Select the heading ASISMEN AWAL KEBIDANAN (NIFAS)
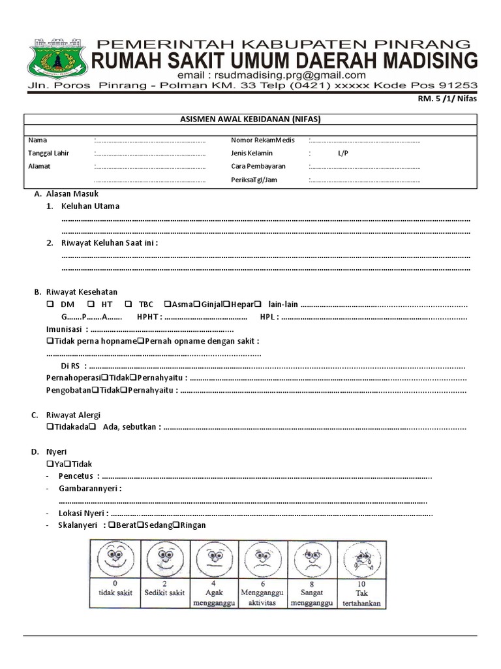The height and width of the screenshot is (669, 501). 250,119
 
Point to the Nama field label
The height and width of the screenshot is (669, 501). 38,140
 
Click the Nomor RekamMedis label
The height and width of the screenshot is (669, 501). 263,140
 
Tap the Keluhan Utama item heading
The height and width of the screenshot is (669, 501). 91,206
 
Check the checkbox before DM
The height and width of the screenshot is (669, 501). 50,304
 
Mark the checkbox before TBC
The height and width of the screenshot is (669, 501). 128,304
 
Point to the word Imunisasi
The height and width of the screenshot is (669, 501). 63,329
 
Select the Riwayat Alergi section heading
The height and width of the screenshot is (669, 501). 73,415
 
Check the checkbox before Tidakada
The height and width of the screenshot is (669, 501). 50,427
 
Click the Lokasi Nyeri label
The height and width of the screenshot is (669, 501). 83,514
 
